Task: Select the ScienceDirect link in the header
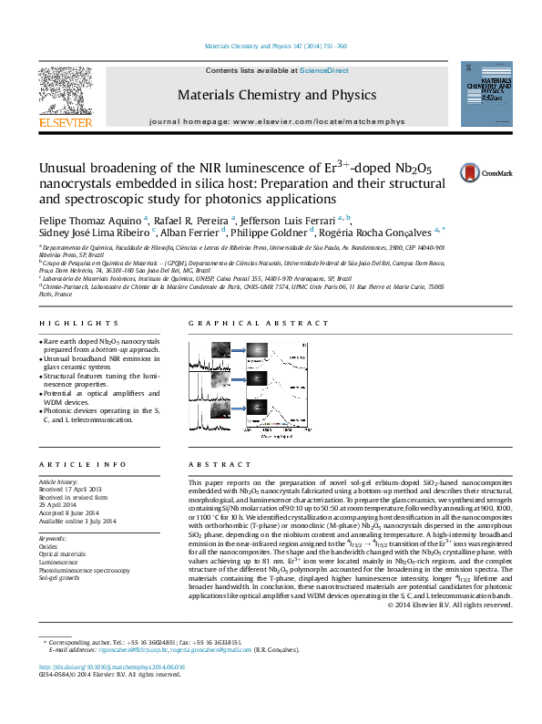point(325,70)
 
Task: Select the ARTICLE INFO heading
point(69,465)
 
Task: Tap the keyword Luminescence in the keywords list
point(58,563)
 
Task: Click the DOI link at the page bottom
point(111,693)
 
